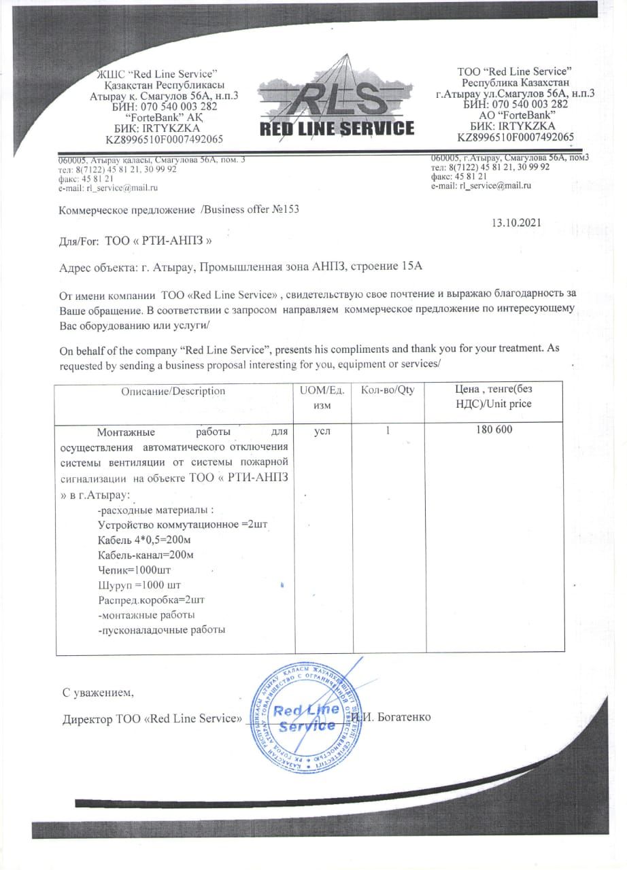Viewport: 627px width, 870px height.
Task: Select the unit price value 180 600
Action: [x=494, y=430]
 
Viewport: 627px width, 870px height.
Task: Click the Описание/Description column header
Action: [x=173, y=391]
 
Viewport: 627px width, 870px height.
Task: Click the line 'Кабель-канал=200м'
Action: [x=146, y=555]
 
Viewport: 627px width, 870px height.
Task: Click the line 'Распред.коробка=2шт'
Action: [x=152, y=600]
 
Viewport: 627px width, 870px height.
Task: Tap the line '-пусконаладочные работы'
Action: [x=162, y=630]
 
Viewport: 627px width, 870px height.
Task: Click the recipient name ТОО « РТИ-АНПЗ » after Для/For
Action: [x=163, y=241]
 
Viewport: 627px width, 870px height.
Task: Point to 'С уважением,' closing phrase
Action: [x=99, y=693]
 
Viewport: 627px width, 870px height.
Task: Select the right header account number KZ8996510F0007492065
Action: [x=515, y=137]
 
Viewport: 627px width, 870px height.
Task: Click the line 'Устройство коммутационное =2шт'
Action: [x=177, y=525]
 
